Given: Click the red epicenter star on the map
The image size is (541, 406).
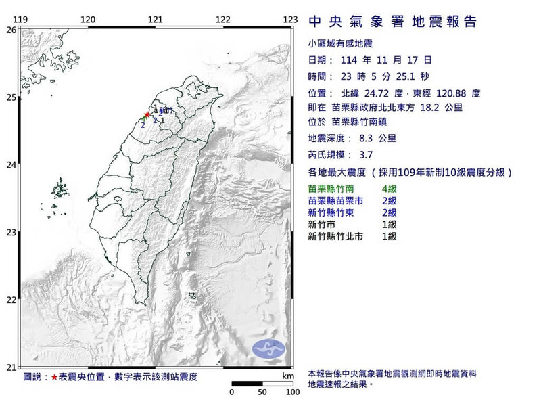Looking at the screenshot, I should pyautogui.click(x=147, y=114).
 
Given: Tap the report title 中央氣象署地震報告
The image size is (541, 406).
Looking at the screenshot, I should pyautogui.click(x=392, y=22).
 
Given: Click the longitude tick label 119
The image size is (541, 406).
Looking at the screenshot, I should pyautogui.click(x=20, y=19).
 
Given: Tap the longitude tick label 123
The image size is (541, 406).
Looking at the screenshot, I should pyautogui.click(x=291, y=19).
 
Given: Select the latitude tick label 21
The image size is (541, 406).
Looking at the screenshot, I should pyautogui.click(x=11, y=367).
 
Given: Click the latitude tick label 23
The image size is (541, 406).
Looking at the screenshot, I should pyautogui.click(x=11, y=233).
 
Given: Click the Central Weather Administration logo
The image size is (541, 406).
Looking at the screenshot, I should pyautogui.click(x=268, y=349).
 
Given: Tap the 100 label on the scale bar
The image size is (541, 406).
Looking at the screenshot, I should pyautogui.click(x=293, y=392).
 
